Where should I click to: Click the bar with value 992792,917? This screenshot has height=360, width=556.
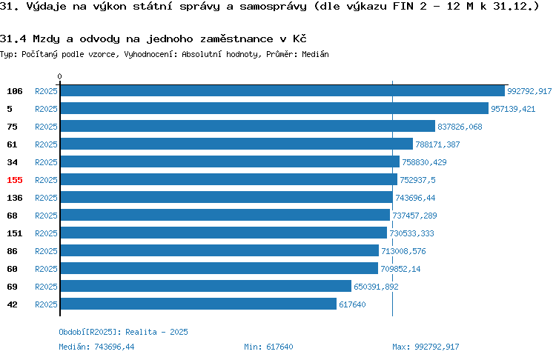click(282, 90)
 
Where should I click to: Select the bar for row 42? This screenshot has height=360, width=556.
click(199, 304)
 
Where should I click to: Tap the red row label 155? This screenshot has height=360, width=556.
click(15, 180)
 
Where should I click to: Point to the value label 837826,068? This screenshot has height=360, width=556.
click(460, 127)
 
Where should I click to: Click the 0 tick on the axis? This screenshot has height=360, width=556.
click(59, 76)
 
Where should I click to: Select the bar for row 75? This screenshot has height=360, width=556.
click(248, 126)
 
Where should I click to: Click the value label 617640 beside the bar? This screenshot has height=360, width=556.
click(352, 304)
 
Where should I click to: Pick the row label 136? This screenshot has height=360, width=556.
click(15, 198)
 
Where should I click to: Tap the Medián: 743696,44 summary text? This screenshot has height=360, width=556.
click(96, 347)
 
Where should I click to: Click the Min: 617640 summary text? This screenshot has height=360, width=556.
click(268, 347)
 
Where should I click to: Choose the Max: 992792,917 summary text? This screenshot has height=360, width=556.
click(426, 347)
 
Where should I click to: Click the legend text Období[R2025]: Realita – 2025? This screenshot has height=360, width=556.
click(123, 332)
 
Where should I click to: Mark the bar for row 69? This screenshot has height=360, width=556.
click(206, 286)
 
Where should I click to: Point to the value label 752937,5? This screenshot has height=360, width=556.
click(417, 180)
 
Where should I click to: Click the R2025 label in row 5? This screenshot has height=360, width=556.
click(46, 109)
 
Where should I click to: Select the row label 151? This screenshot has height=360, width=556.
click(15, 233)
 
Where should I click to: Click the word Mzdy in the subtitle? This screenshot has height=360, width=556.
click(46, 39)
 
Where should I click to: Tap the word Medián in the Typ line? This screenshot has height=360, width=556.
click(315, 54)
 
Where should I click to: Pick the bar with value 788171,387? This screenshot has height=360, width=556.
click(237, 144)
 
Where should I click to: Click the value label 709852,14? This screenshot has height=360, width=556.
click(400, 269)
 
